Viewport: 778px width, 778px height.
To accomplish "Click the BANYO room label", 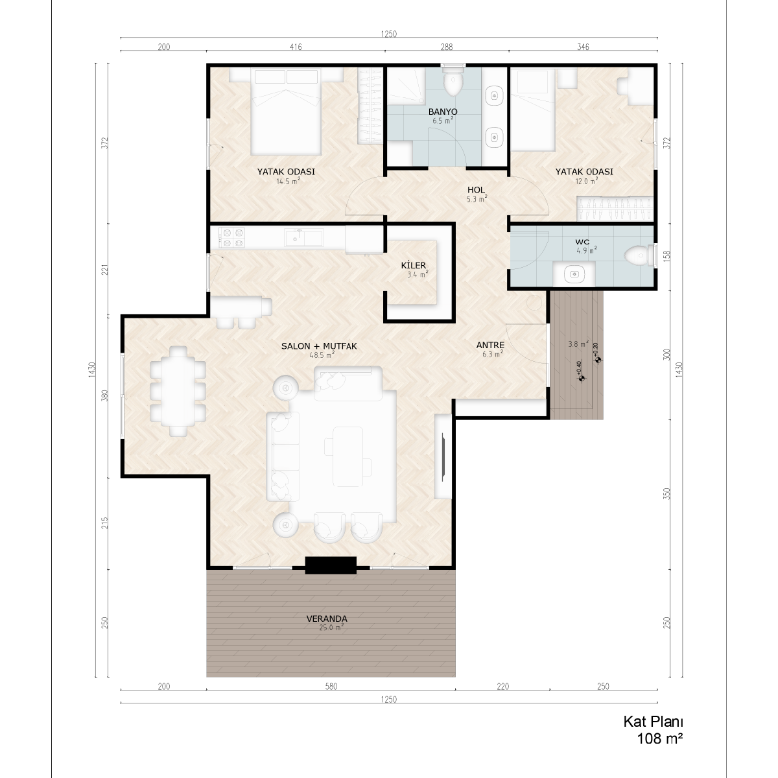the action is [443, 112].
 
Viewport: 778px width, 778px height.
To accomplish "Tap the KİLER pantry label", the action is [414, 265].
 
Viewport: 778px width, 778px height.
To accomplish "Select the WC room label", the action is [582, 242].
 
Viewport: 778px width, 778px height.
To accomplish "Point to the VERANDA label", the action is [327, 619].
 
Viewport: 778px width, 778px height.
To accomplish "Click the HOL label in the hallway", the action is [476, 190].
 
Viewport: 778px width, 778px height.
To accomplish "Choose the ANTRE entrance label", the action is [490, 345].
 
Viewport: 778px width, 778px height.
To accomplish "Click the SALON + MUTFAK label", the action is [319, 346].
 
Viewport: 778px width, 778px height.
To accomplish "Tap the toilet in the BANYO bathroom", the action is [453, 81].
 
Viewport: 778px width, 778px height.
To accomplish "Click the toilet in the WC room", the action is [639, 256].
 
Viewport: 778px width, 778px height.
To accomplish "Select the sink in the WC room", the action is [574, 274].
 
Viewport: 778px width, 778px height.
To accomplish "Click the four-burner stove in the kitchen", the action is [231, 237].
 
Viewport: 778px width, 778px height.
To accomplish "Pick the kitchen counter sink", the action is [303, 237].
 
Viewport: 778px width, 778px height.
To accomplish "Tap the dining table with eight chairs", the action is [178, 391].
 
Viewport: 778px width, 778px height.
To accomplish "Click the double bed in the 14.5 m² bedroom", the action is [286, 111].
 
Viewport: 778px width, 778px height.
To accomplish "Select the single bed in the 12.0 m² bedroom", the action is [532, 110].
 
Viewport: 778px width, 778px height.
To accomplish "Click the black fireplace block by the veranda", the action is [331, 565].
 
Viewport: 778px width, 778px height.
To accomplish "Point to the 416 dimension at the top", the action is [296, 47].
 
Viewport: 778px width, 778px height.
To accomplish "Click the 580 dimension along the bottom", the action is [331, 687].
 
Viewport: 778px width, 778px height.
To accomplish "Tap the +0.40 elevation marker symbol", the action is [582, 379].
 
